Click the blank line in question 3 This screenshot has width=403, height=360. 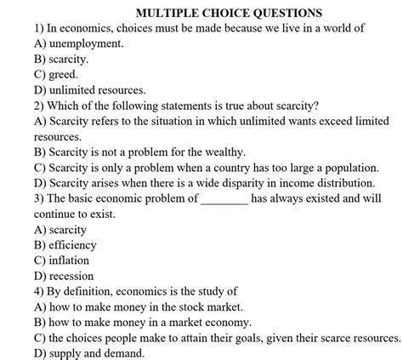[224, 198]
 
